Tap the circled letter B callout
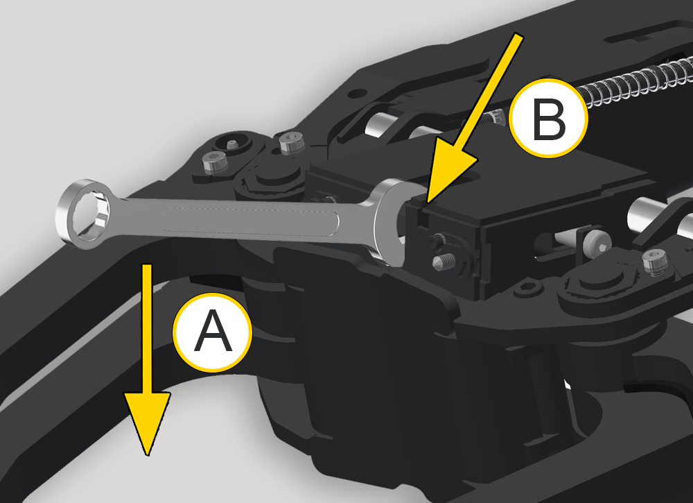548,118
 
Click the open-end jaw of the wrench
389,221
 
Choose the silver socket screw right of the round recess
292,144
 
